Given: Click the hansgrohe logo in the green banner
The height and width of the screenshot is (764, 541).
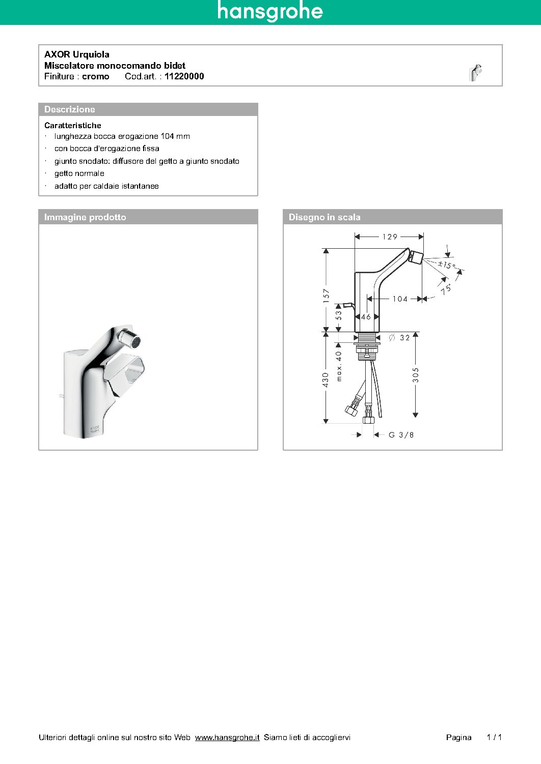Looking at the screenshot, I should point(270,11).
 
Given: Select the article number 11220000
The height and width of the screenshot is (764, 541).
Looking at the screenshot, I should point(184,76).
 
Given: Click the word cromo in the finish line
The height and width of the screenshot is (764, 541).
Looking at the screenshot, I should point(96,76).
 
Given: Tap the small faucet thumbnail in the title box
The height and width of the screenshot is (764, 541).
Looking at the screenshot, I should point(475,73).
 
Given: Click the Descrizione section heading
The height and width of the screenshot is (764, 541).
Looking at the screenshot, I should point(70,109).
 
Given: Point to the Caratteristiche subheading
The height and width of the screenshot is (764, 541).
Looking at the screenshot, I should point(73,125).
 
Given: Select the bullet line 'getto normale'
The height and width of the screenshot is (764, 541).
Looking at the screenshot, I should point(79,173).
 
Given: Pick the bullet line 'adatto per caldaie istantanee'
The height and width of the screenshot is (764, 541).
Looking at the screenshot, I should point(106,186).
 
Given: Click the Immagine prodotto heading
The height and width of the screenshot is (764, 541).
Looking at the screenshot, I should point(85,217).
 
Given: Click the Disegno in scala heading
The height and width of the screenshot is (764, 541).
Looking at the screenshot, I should point(324,217).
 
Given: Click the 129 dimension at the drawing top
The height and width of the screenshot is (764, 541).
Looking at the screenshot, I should point(390,237).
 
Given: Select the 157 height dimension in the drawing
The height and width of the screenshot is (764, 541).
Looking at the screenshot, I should point(326,296).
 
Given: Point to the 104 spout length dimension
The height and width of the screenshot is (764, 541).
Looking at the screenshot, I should point(400,299).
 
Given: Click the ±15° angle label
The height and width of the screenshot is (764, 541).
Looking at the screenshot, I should point(446,265).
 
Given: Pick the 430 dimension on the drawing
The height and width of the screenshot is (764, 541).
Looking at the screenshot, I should point(326,379).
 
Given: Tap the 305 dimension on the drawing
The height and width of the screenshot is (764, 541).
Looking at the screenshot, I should point(416,375).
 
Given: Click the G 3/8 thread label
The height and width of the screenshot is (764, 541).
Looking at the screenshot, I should point(401,435).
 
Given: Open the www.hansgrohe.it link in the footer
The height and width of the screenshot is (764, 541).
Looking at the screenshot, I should point(227,737).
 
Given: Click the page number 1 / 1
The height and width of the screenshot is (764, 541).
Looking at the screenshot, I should point(494,737).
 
